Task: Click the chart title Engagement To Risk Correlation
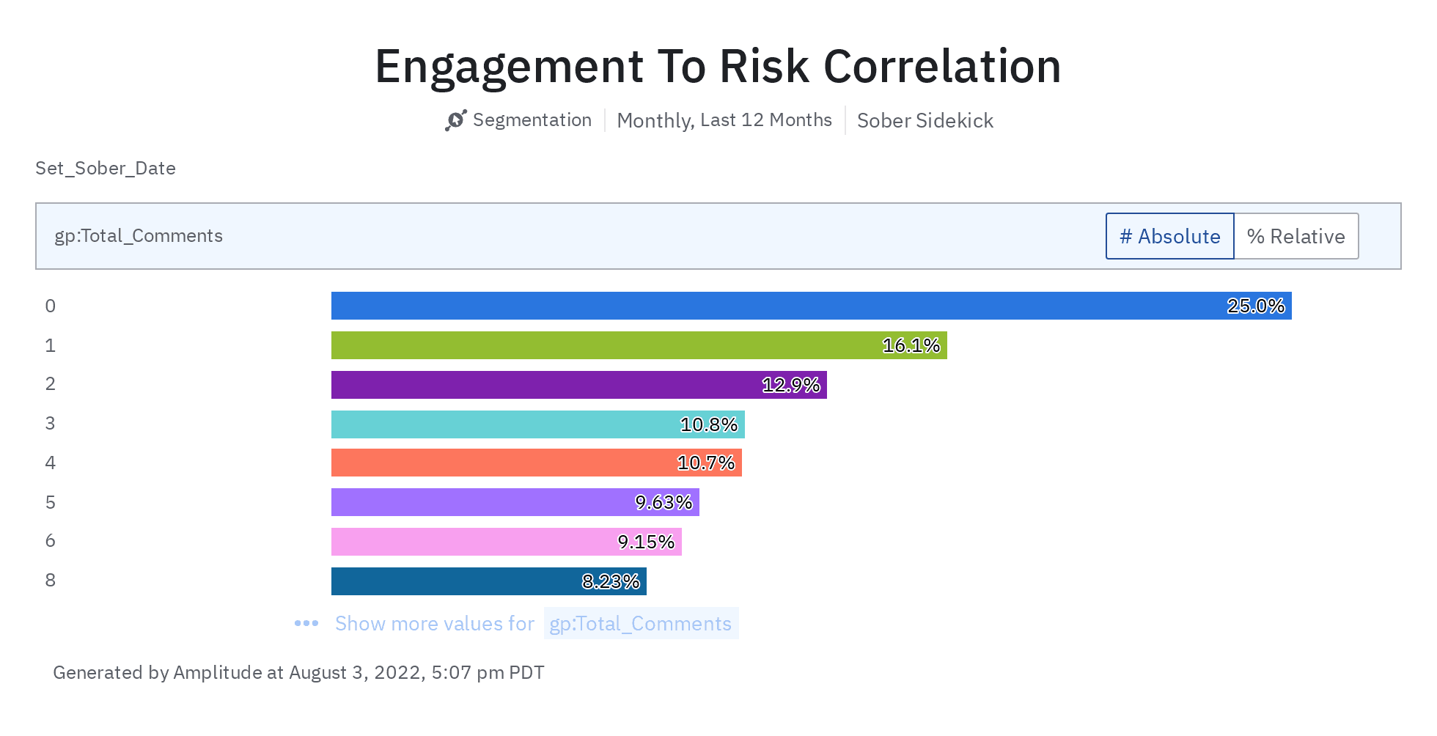coord(718,66)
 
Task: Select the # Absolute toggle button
coord(1169,236)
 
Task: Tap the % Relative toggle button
coord(1295,236)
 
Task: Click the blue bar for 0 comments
coord(770,306)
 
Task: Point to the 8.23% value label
coord(611,581)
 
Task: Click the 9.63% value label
coord(664,502)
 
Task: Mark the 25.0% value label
coord(1256,306)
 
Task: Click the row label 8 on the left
coord(50,581)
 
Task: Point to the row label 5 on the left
coord(50,502)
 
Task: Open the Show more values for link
coord(434,623)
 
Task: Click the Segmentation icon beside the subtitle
coord(455,120)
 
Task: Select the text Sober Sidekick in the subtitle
coord(925,120)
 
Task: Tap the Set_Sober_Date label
coord(106,168)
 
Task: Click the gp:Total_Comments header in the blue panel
coord(139,235)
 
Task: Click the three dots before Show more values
coord(306,623)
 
